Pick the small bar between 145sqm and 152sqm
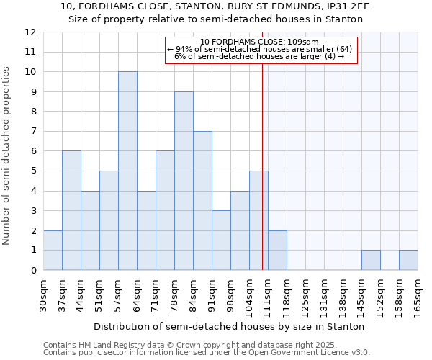click(x=371, y=260)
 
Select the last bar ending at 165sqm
click(x=408, y=260)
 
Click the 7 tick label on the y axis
click(x=33, y=132)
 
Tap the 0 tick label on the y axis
click(x=33, y=271)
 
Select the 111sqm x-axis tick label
click(x=268, y=296)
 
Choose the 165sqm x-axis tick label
click(x=418, y=296)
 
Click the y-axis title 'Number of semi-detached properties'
click(x=7, y=156)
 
